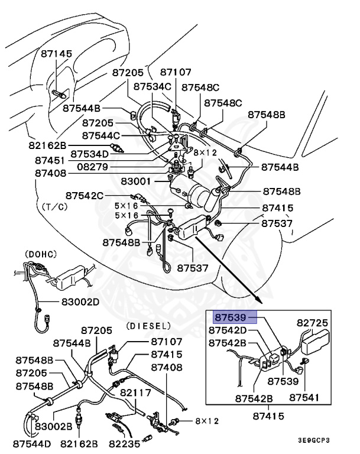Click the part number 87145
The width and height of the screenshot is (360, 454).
pos(57,54)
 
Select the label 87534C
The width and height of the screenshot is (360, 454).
pos(152,86)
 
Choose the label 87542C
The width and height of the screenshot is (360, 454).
pos(84,195)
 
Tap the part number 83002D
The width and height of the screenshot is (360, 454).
pos(81,301)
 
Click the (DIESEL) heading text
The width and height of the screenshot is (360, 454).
pos(148,326)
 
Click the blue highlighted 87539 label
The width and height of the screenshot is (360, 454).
pos(235,317)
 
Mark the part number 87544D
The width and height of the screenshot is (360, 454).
pos(32,442)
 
